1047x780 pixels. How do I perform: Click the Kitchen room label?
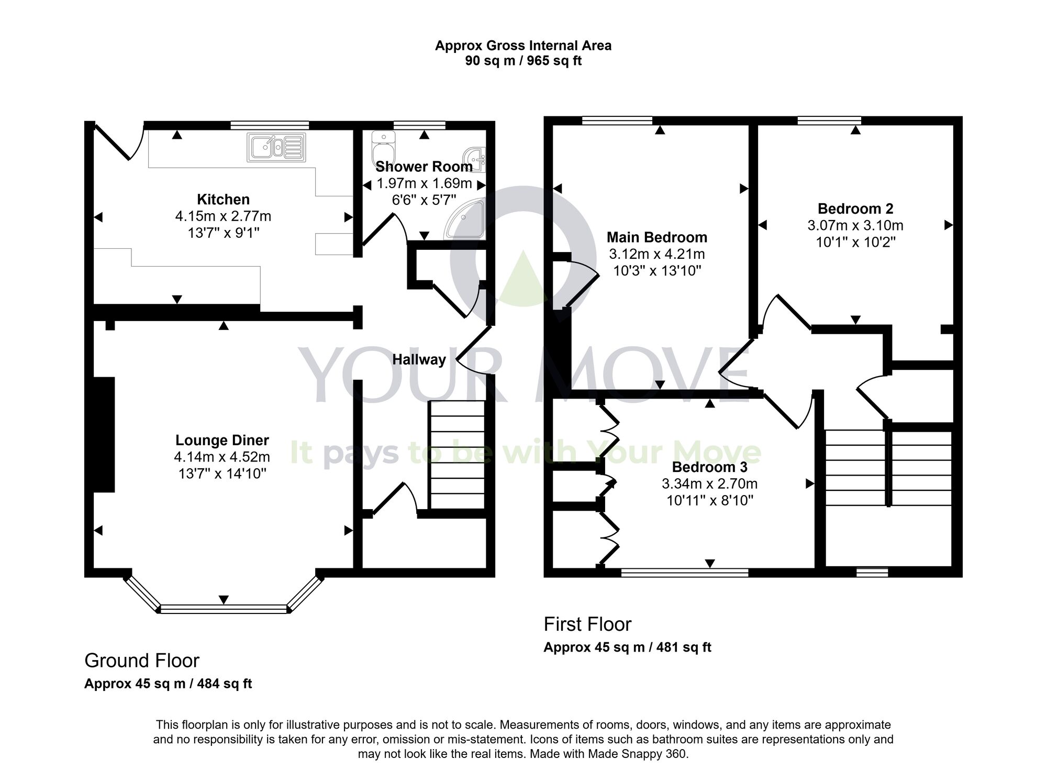[x=223, y=199]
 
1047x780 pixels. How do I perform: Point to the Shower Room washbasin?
[x=475, y=157]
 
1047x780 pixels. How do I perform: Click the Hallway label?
[x=419, y=359]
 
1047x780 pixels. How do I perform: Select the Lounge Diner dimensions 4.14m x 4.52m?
[x=222, y=457]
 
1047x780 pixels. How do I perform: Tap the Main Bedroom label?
[x=656, y=237]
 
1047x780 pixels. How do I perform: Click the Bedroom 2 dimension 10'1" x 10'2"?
[x=855, y=242]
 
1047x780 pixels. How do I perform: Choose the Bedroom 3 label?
[x=709, y=467]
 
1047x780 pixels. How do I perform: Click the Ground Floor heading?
[x=142, y=661]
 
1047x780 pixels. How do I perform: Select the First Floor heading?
[x=587, y=624]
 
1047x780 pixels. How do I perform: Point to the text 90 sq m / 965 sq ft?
[x=523, y=61]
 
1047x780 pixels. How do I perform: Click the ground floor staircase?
[x=456, y=455]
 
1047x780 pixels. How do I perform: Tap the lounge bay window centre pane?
[x=224, y=609]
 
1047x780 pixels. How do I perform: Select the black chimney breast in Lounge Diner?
[x=104, y=434]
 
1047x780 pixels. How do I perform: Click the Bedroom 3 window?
[x=684, y=574]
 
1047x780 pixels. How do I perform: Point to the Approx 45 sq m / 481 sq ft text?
[x=627, y=647]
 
